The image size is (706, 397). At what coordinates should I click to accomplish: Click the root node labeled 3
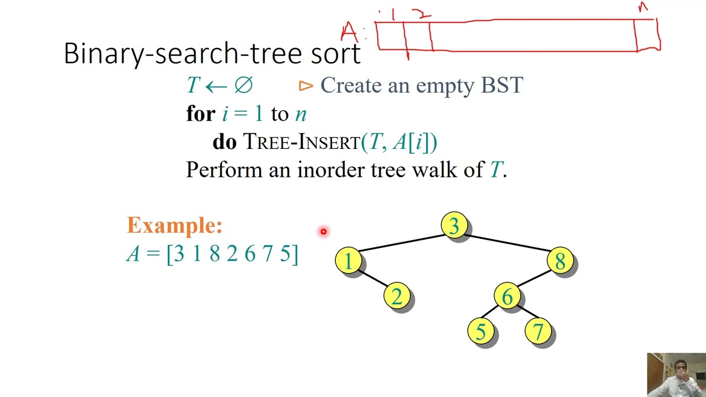tap(454, 225)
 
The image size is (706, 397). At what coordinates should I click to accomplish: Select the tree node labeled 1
tap(349, 261)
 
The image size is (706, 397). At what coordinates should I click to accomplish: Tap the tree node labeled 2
tap(397, 297)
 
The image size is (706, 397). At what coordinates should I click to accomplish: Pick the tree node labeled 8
tap(560, 261)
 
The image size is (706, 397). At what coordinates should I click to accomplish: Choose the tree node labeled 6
tap(507, 297)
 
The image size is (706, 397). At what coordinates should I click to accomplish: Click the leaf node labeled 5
tap(481, 332)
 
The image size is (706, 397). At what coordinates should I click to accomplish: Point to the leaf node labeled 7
tap(538, 332)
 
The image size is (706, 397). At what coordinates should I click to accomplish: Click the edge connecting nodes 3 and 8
tap(507, 243)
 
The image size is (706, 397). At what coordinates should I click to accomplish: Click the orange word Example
tap(174, 225)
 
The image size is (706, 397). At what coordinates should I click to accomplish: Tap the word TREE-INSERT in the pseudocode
tap(302, 142)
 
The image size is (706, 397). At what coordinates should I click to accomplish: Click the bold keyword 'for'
tap(201, 114)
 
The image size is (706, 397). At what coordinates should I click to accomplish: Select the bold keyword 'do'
tap(224, 142)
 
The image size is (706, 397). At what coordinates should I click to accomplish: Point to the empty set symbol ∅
tap(243, 85)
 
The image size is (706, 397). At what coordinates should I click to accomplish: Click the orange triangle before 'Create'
tap(306, 86)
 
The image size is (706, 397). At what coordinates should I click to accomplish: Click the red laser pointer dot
tap(323, 232)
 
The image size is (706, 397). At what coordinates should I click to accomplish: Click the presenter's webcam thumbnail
tap(676, 374)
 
